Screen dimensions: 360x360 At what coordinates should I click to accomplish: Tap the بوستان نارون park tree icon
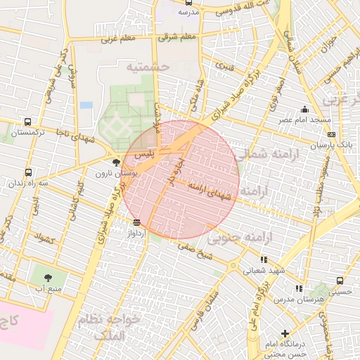click(116, 163)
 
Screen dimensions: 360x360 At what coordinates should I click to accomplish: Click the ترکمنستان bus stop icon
click(27, 122)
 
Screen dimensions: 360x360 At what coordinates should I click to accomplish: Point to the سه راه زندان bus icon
click(28, 172)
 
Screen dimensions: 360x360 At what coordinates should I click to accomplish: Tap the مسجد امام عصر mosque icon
click(304, 109)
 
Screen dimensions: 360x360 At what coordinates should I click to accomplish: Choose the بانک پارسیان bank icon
click(331, 134)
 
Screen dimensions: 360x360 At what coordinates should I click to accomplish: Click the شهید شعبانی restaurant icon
click(264, 259)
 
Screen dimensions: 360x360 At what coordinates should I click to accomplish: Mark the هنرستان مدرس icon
click(299, 288)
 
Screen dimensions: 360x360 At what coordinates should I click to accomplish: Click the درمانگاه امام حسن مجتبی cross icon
click(285, 333)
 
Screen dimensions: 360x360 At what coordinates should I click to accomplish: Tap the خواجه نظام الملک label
click(112, 327)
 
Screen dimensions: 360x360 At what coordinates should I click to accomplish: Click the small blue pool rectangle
click(86, 105)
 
